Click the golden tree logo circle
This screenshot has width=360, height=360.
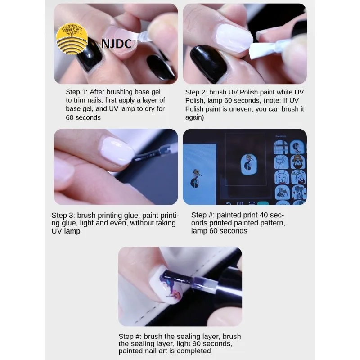[72, 39]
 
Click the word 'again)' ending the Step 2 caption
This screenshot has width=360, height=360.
[194, 117]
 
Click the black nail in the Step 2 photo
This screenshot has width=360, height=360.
[208, 63]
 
